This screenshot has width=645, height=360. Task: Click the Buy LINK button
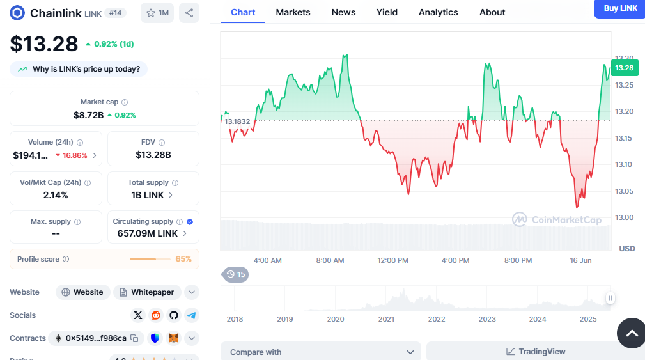point(620,8)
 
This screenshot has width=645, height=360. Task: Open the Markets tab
point(293,12)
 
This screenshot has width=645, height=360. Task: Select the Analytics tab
point(438,12)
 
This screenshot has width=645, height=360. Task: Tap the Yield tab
point(387,12)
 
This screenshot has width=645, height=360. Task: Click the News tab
point(343,12)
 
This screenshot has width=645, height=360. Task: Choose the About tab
point(492,12)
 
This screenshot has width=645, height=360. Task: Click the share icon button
point(189,13)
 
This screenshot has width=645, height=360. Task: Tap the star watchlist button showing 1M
point(157,13)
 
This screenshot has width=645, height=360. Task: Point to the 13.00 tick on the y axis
point(623,218)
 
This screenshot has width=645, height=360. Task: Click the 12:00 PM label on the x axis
point(392,260)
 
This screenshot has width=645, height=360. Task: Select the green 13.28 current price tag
point(624,68)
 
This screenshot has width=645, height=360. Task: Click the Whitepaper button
point(147,292)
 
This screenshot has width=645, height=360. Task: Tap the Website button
point(82,292)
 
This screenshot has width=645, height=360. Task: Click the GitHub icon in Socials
point(174,315)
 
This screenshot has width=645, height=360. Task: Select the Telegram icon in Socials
point(192,315)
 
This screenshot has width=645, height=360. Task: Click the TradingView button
point(536,352)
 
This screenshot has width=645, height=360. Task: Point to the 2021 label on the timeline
point(386,319)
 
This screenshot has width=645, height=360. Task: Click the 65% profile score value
point(183,259)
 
